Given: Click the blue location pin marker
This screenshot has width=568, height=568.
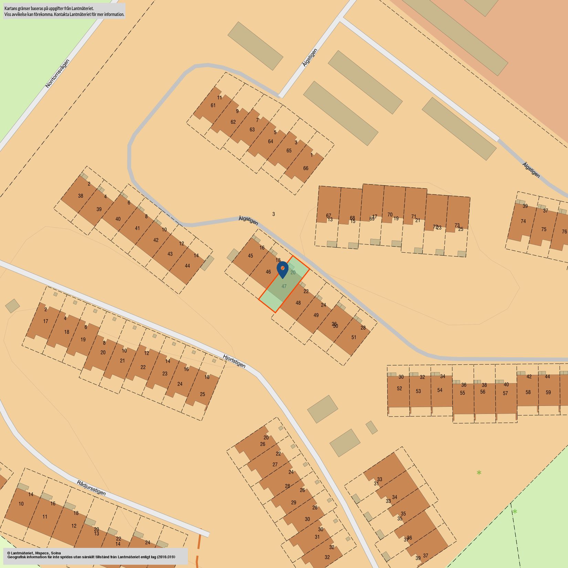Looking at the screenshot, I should [282, 269].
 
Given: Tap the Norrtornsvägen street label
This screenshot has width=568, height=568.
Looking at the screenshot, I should [57, 73].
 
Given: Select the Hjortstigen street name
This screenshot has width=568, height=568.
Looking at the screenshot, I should [234, 361].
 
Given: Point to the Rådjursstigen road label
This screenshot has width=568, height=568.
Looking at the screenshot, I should [91, 487].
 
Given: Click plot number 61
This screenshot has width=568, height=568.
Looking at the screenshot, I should [213, 105].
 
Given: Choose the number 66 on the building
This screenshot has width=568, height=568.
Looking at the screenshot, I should [306, 168].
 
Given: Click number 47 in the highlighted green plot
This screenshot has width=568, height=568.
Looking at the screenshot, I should [284, 286].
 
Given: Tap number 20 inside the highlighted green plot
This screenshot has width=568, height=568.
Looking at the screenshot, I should [293, 272].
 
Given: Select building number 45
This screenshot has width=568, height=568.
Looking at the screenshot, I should [250, 256].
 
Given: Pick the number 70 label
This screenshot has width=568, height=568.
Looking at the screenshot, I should [390, 214].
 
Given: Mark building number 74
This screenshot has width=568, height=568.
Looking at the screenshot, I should [523, 221].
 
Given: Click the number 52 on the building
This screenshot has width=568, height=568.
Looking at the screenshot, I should [399, 388].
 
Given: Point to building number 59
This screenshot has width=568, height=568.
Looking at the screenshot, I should [548, 392].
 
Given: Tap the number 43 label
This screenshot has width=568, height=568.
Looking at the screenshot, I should [170, 254].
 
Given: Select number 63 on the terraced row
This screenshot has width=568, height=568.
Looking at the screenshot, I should [252, 130].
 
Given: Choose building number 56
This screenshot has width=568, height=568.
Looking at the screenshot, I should [483, 392].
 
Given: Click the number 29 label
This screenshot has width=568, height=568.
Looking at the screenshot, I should [294, 503].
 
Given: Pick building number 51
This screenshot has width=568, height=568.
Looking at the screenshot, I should [354, 337].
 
